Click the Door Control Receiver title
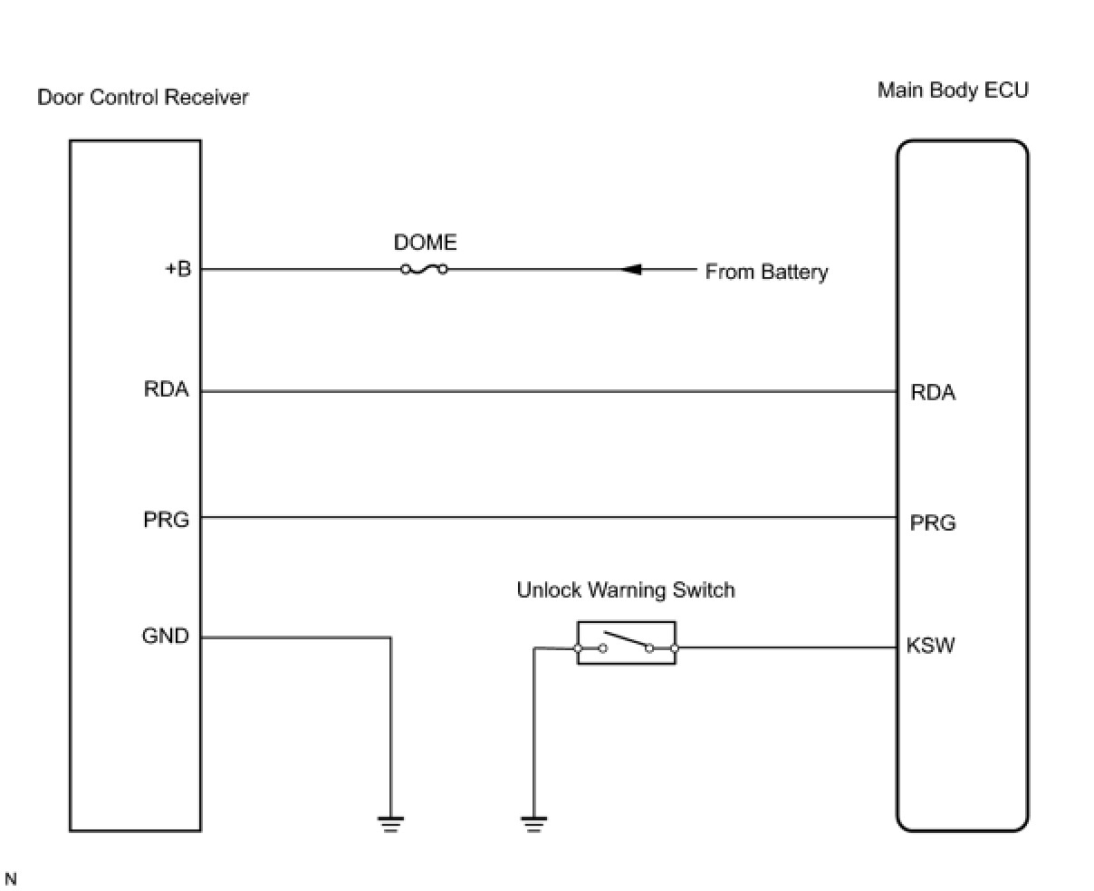coord(142,97)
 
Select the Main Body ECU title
coord(953,91)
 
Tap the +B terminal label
coord(178,269)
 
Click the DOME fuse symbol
coord(424,269)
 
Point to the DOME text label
coord(425,243)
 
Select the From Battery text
coord(766,272)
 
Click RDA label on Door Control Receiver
coord(166,390)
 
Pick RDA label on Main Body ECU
coord(933,392)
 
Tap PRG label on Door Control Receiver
coord(166,521)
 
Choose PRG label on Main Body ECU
coord(933,522)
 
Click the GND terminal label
coord(166,637)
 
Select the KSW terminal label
coord(930,646)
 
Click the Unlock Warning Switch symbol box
coord(626,644)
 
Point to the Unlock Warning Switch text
coord(625,590)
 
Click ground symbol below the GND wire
coord(390,822)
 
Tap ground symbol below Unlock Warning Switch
coord(533,822)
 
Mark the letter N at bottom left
coord(11,878)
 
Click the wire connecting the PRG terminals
coord(543,518)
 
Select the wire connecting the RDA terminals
coord(543,391)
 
